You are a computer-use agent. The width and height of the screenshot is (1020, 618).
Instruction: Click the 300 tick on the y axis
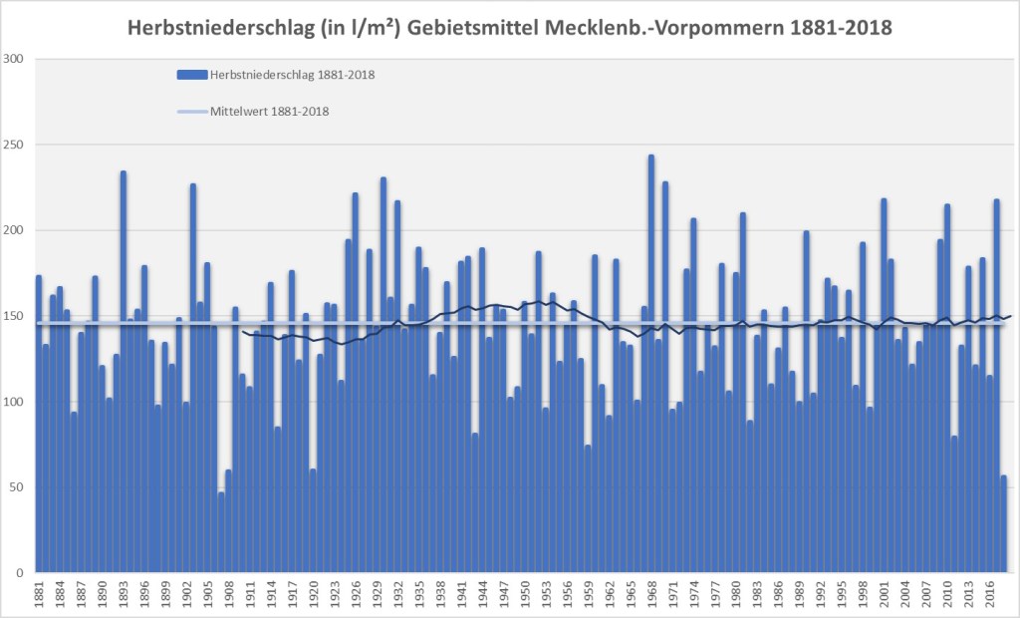coord(14,59)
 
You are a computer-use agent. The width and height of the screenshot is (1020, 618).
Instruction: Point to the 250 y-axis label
coord(14,145)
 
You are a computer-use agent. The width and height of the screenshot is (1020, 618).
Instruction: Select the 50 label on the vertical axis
coord(17,487)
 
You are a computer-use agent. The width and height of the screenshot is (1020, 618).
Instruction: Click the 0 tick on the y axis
coord(21,573)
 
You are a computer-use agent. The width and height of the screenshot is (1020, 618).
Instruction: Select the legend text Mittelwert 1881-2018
coord(269,112)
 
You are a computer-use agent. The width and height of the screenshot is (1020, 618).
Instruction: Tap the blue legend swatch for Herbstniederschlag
coord(191,74)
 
